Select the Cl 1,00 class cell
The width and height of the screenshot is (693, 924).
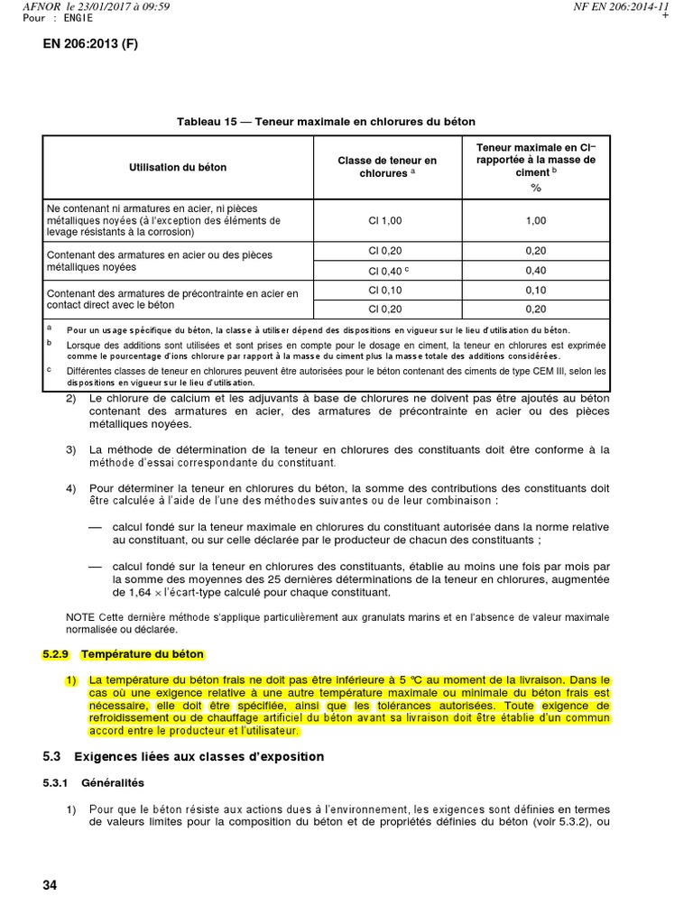click(x=386, y=219)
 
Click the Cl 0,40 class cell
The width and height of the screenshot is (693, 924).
click(x=388, y=270)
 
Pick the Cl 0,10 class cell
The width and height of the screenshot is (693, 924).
click(x=386, y=290)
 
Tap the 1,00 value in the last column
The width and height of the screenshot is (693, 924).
click(x=536, y=219)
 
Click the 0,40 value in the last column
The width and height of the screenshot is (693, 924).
click(x=536, y=270)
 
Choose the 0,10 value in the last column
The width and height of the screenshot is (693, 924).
click(x=536, y=290)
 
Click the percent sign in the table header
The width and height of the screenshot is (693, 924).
click(x=536, y=187)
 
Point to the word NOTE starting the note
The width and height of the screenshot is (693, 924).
click(x=81, y=616)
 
